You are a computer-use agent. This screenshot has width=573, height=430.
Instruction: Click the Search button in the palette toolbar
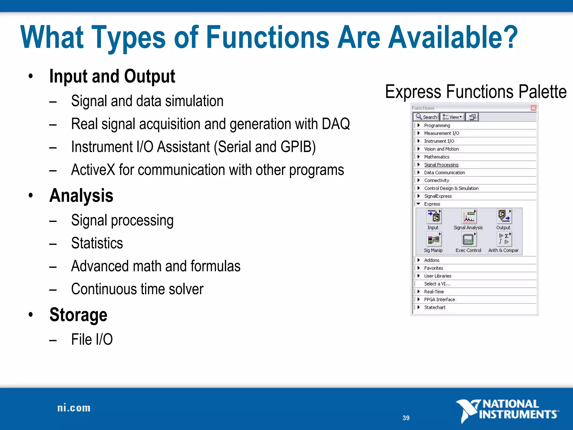[x=426, y=117]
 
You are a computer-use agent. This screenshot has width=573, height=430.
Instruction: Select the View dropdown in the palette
[x=452, y=117]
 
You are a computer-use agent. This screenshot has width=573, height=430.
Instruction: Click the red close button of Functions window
[x=533, y=108]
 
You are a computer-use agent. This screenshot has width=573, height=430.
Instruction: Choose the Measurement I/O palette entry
[x=441, y=133]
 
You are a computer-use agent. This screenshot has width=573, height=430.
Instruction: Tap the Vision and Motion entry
[x=441, y=149]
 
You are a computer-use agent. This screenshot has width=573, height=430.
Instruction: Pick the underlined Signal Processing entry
[x=441, y=165]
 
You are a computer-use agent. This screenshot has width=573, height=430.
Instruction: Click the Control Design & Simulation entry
[x=451, y=188]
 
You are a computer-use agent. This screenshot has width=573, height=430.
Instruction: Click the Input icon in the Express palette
[x=434, y=217]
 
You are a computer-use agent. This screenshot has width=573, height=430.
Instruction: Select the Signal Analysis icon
[x=469, y=217]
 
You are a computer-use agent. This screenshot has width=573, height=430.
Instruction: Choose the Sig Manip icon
[x=434, y=239]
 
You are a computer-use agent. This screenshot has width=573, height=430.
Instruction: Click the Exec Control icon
[x=468, y=240]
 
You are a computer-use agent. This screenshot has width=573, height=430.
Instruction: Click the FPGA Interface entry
[x=439, y=299]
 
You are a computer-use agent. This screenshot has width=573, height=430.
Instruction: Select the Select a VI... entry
[x=437, y=284]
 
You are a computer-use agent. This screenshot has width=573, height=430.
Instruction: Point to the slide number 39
[x=406, y=418]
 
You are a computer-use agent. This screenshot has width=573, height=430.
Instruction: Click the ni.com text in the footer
[x=74, y=408]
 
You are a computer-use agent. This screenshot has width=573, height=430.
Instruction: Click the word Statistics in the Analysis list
[x=97, y=243]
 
